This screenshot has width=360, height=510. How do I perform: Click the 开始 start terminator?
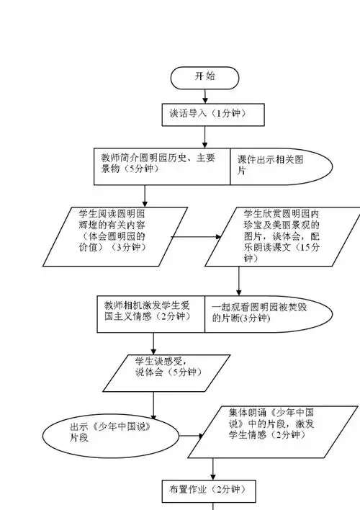pos(205,76)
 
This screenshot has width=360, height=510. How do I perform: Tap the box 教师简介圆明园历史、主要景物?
pos(161,164)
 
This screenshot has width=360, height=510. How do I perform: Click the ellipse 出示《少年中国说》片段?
pos(111,431)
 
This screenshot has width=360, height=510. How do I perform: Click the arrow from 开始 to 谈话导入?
pos(205,94)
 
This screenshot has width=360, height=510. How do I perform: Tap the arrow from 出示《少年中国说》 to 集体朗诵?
pos(189,436)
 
